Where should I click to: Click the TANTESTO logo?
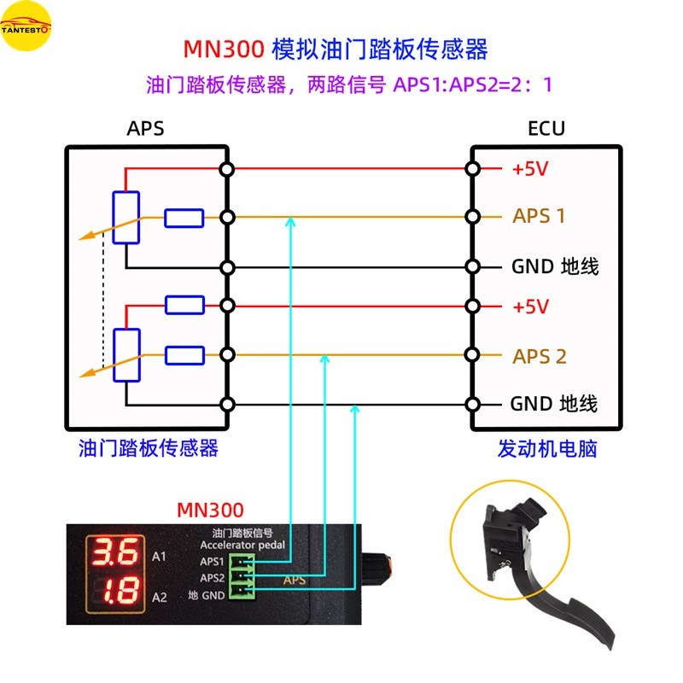click(x=26, y=26)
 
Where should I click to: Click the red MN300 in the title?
click(x=223, y=49)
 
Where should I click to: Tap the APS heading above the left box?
click(x=145, y=129)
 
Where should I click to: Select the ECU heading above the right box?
click(x=546, y=129)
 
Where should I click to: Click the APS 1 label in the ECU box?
click(x=539, y=216)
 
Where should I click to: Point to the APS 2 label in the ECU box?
click(x=540, y=356)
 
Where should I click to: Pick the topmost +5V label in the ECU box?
click(x=529, y=168)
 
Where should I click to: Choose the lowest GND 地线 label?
click(x=554, y=403)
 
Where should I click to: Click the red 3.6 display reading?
click(x=114, y=554)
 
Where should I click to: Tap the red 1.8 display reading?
click(x=114, y=592)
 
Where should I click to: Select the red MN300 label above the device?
click(x=210, y=511)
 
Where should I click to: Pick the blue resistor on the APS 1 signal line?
click(x=184, y=219)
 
